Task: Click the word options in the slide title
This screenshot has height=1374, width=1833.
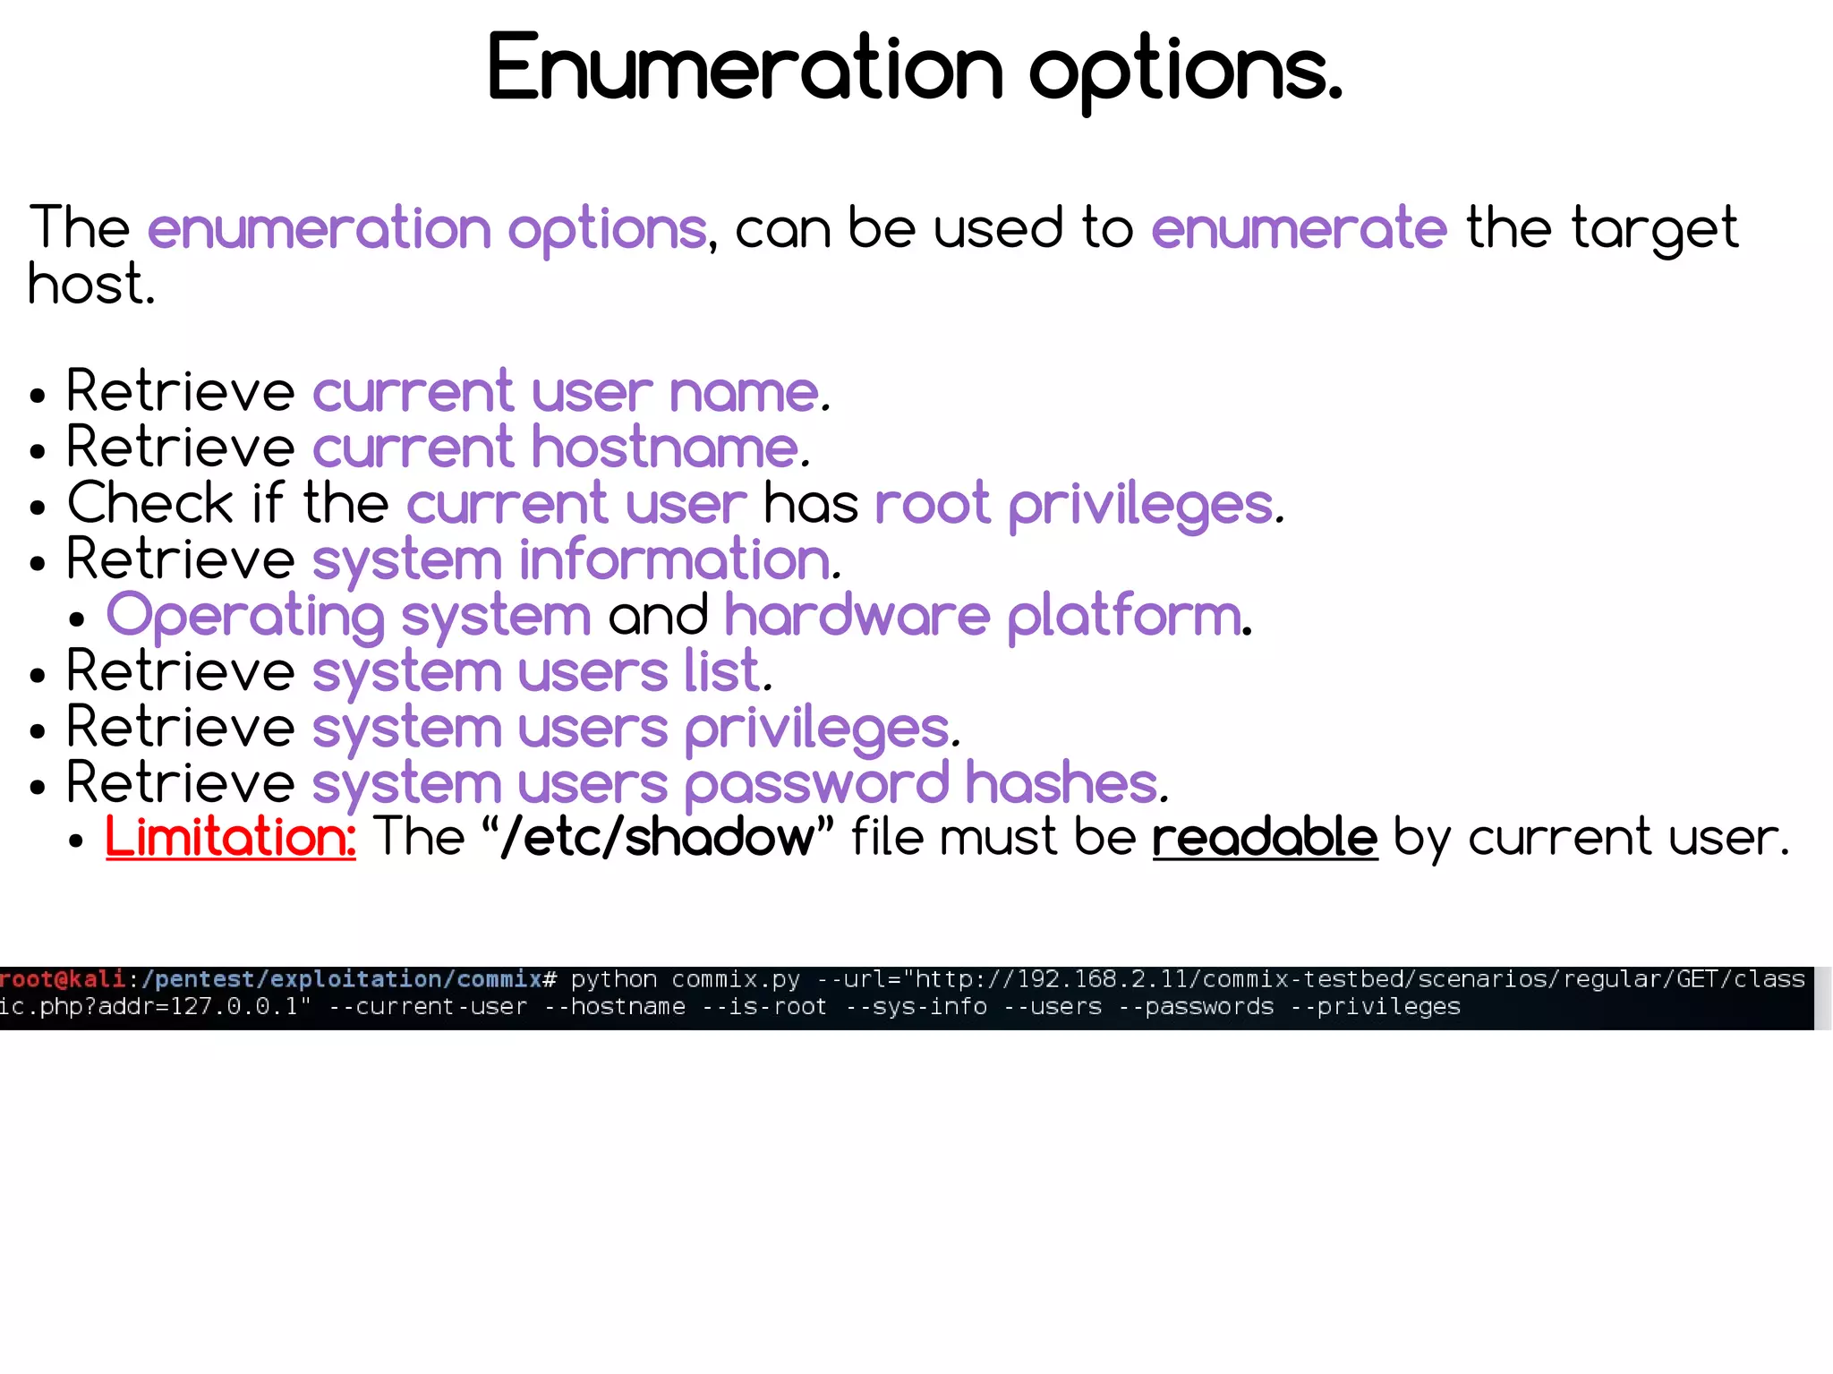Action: coord(1185,72)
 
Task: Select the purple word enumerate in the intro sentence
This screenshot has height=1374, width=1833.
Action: coord(1298,227)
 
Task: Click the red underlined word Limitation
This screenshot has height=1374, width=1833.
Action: coord(230,838)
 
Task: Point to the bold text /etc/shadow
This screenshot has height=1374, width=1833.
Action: coord(658,838)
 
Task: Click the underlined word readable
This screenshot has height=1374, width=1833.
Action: coord(1264,838)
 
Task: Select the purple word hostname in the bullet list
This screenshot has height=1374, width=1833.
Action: coord(665,448)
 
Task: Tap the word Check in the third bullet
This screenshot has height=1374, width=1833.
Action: coord(149,503)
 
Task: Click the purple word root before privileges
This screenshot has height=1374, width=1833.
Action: coord(932,503)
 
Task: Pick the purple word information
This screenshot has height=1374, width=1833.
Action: coord(676,560)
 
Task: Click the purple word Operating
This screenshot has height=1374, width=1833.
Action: coord(245,617)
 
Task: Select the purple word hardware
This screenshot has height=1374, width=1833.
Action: coord(857,617)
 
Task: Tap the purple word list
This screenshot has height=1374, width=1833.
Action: coord(722,671)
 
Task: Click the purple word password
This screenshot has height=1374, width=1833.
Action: coord(816,784)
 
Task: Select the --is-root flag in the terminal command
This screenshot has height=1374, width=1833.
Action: coord(764,1007)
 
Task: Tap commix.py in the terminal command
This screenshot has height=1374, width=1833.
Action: coord(736,979)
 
